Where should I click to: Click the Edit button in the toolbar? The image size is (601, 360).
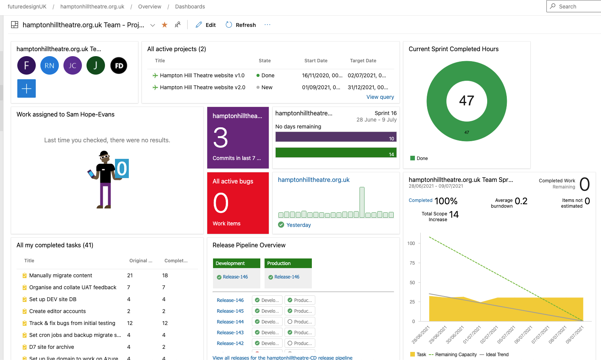click(x=206, y=25)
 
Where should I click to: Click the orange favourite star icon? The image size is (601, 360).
click(x=165, y=25)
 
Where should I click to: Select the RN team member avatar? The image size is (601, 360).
click(x=50, y=65)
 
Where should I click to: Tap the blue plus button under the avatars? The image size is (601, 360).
click(x=27, y=88)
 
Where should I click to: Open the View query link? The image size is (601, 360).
click(x=380, y=97)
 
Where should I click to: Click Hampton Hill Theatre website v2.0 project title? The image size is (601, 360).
click(x=202, y=87)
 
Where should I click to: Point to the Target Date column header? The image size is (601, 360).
click(x=363, y=61)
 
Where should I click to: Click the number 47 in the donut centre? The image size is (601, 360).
click(x=466, y=101)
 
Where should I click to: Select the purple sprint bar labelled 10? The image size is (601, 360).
click(x=336, y=137)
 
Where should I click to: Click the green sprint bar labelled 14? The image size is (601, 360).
click(x=336, y=153)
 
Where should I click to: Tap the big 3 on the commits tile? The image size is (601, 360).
click(x=221, y=138)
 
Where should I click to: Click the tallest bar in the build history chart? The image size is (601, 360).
click(x=362, y=202)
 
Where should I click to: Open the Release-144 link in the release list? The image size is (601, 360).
click(x=230, y=322)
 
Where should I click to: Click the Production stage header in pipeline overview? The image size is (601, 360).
click(x=288, y=263)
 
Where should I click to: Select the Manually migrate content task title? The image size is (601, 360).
click(x=61, y=275)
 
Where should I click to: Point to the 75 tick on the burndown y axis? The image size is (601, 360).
click(x=412, y=263)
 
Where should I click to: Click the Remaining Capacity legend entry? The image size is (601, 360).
click(x=456, y=355)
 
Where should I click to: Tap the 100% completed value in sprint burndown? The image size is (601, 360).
click(x=446, y=201)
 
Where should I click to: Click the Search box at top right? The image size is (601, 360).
click(x=575, y=7)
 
